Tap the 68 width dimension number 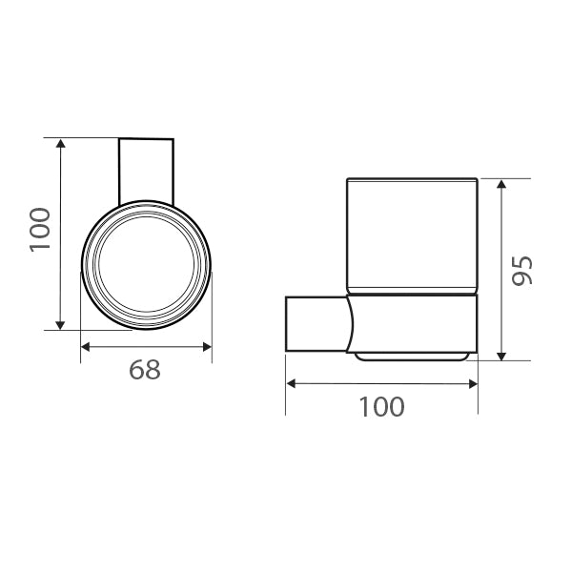[145, 370]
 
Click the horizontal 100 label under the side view [381, 407]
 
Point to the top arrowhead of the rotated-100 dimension [61, 144]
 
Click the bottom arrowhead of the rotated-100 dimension [61, 324]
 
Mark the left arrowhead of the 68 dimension [86, 346]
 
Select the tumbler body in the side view [411, 234]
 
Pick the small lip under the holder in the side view [412, 357]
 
